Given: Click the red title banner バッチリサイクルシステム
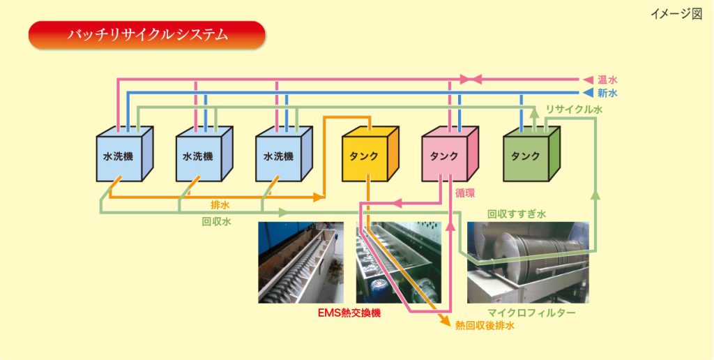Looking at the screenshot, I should [x=146, y=34].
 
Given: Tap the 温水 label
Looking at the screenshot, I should [x=608, y=80].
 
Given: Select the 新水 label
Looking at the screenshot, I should [x=608, y=93].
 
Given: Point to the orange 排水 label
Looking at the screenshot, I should [x=220, y=205].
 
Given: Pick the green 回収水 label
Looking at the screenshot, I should [x=216, y=221].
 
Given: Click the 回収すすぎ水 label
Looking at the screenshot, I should [x=516, y=214].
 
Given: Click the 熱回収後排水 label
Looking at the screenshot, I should [x=485, y=325].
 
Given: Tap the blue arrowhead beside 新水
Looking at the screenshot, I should [x=587, y=93].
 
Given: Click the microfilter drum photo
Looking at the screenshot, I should [x=528, y=262].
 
